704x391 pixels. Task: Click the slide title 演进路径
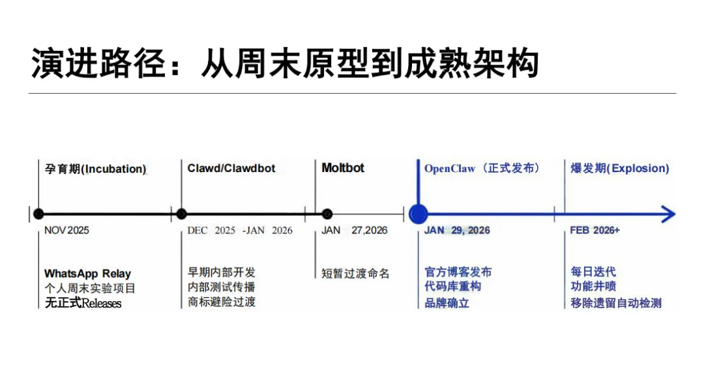point(284,63)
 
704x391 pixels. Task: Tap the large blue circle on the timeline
point(418,214)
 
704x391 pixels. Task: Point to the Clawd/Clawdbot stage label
point(231,168)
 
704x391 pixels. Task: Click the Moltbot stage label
point(343,167)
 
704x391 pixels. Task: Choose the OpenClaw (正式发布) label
point(482,168)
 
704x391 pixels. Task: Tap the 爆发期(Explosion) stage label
point(620,168)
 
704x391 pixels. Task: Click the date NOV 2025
point(66,230)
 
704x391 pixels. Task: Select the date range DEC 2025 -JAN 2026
point(240,230)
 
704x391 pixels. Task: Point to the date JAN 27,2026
point(354,230)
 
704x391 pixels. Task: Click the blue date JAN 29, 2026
point(457,230)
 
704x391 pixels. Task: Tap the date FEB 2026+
point(594,230)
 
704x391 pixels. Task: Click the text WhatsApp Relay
point(87,274)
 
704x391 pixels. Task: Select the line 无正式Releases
point(83,303)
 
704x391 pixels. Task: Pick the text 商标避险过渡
point(222,302)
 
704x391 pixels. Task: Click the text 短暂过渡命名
point(355,274)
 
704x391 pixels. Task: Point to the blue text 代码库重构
point(453,287)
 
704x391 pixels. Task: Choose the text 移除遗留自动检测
point(616,302)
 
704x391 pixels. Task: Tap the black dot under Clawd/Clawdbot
point(181,214)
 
